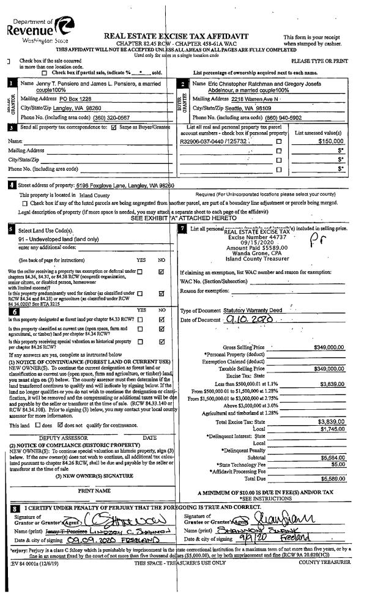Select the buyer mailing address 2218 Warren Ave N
[242, 99]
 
